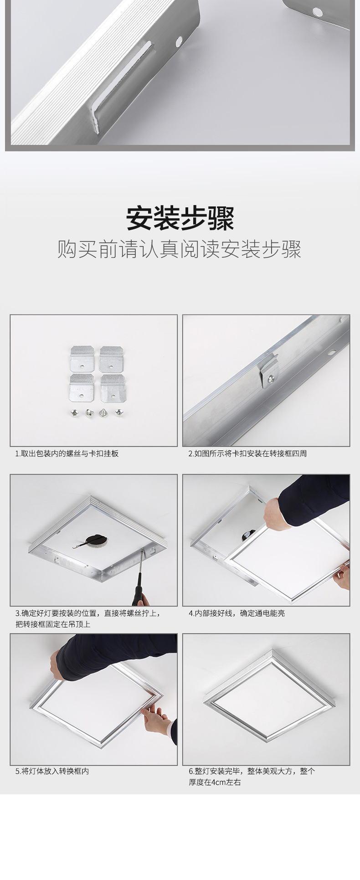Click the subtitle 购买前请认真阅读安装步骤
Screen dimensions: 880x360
click(180, 249)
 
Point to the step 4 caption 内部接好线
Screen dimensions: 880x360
click(237, 613)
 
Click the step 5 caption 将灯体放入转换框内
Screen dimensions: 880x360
click(52, 771)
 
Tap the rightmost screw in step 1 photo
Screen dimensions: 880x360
click(119, 412)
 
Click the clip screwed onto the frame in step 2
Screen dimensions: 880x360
click(269, 371)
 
